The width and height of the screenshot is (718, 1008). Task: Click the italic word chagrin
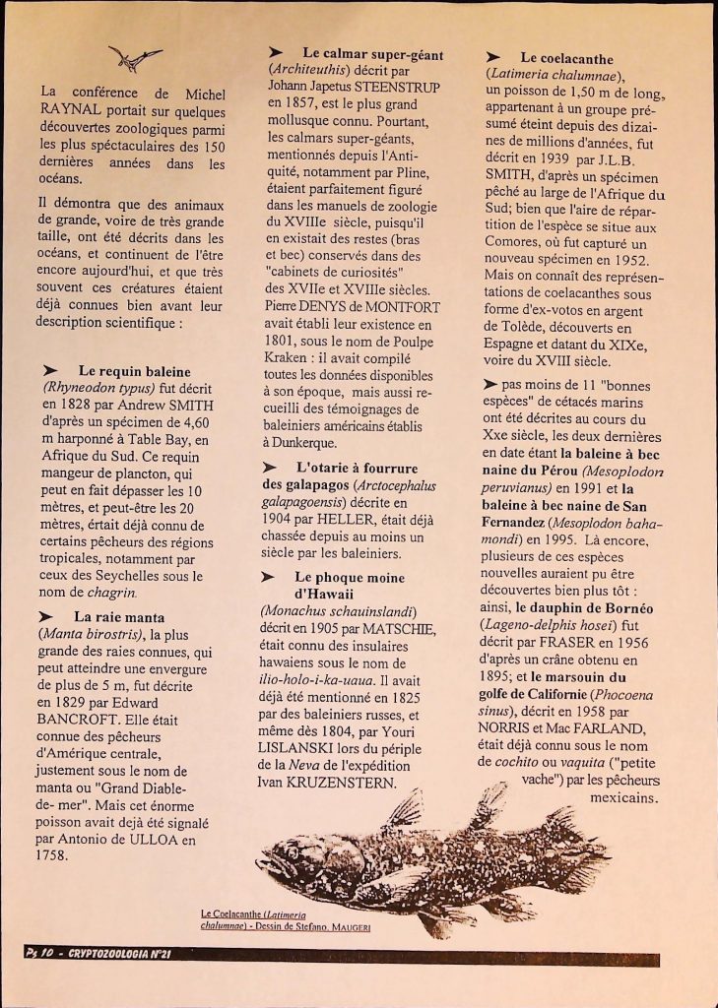[x=112, y=593]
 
